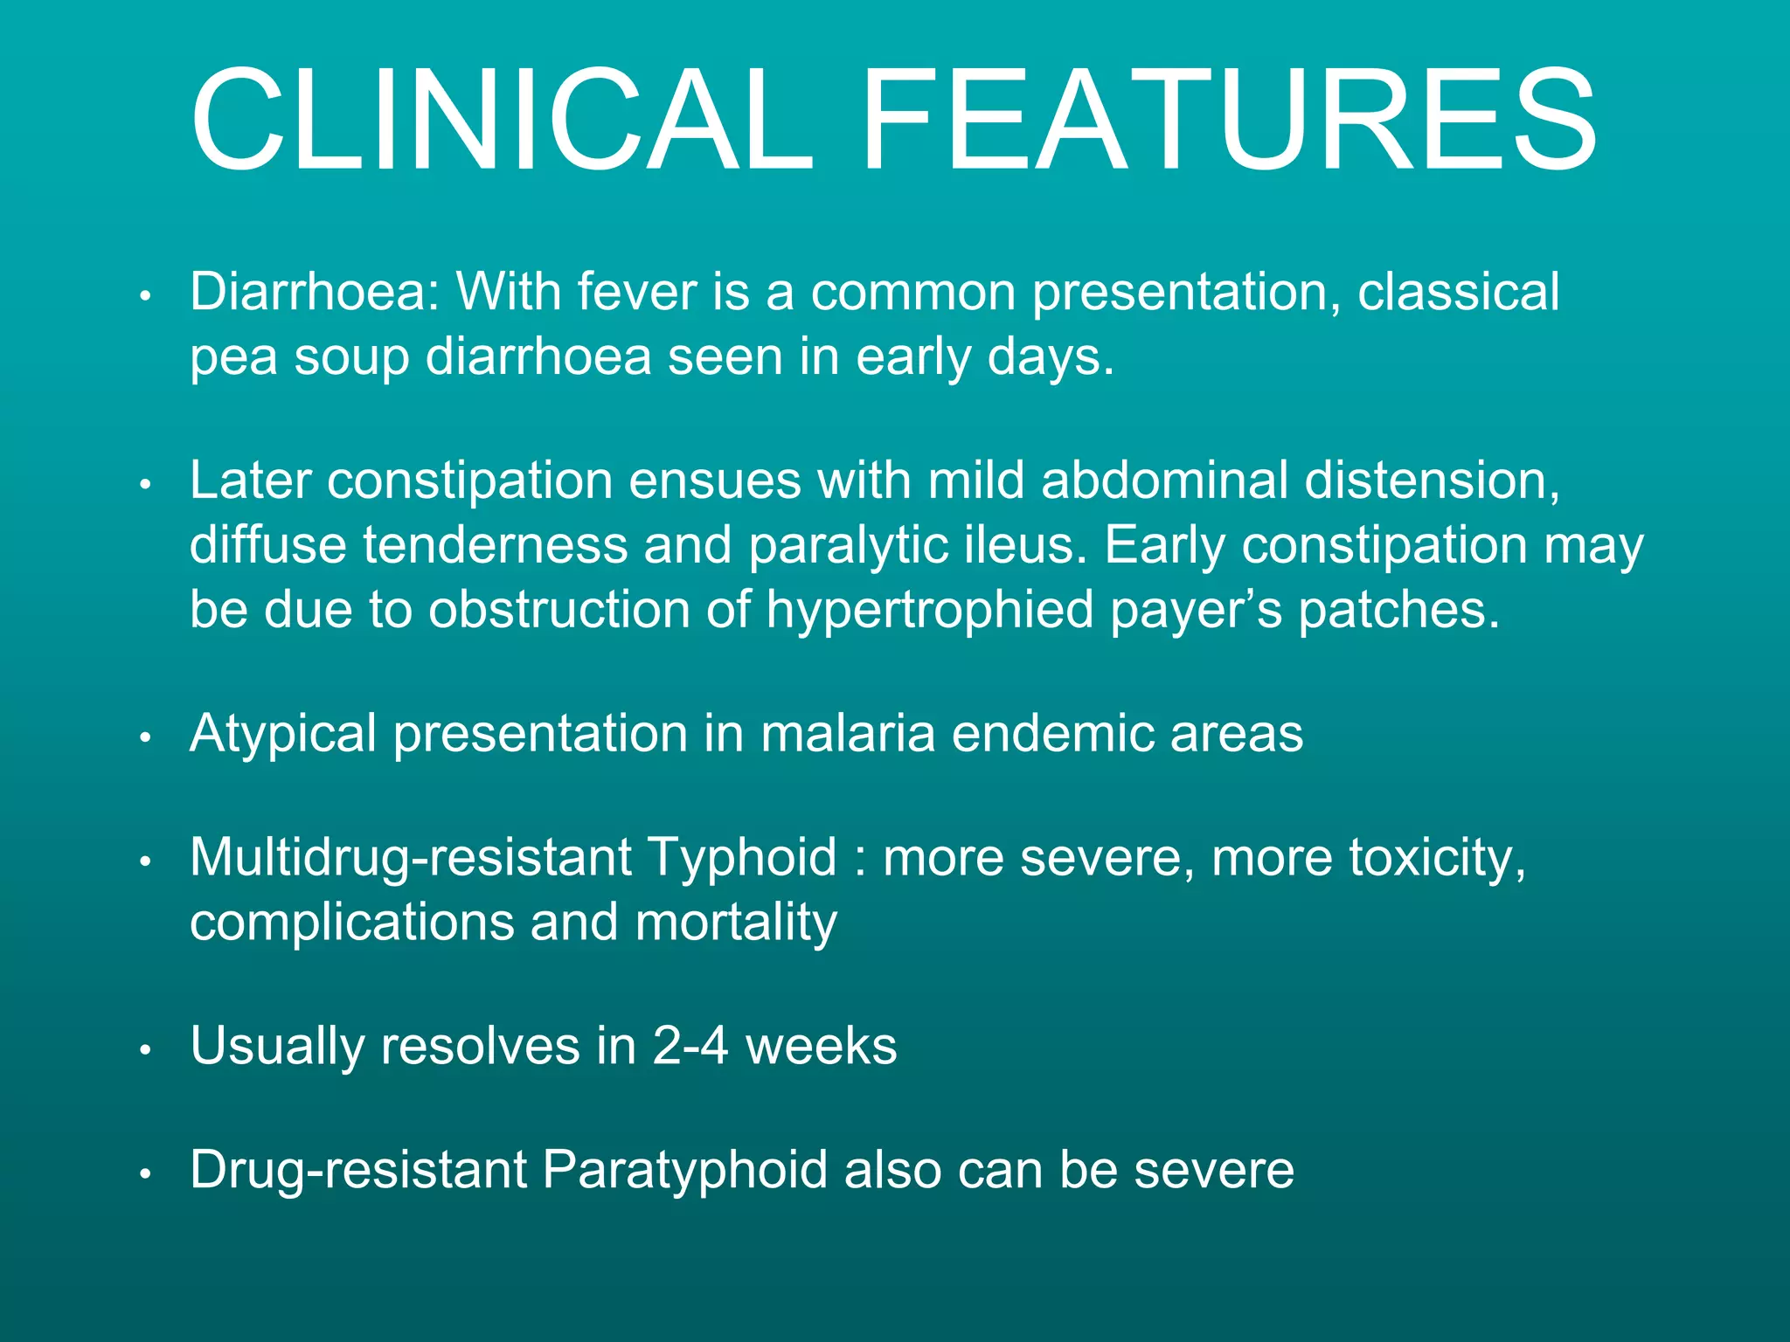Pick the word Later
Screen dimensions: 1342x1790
click(x=250, y=481)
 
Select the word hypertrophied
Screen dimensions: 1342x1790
click(x=929, y=610)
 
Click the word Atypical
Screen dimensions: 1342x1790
click(x=282, y=734)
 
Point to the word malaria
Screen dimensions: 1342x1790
click(x=848, y=734)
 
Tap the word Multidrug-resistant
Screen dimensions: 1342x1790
click(x=410, y=858)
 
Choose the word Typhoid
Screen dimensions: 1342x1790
click(x=742, y=858)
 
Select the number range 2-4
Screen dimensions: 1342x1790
click(x=690, y=1046)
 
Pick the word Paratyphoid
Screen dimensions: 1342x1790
click(x=683, y=1171)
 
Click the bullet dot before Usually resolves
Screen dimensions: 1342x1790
click(x=146, y=1050)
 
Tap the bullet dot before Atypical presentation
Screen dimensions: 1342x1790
click(x=146, y=738)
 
